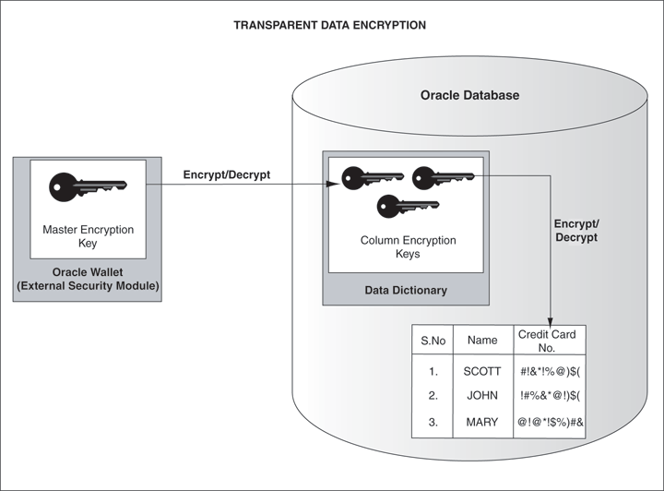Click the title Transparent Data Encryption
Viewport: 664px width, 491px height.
click(330, 25)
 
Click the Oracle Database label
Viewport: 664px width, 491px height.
click(469, 95)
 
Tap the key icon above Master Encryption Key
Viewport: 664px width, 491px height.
click(88, 186)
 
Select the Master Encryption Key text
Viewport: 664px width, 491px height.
click(89, 236)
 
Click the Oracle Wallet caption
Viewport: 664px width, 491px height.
click(88, 280)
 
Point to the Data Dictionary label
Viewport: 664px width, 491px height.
click(405, 290)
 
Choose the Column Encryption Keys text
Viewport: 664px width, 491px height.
click(407, 246)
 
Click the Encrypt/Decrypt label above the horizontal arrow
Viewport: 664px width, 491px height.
click(227, 174)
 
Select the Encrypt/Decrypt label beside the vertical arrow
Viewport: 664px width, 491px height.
click(575, 230)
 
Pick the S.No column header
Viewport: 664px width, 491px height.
click(433, 341)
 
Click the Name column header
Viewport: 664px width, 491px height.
click(482, 341)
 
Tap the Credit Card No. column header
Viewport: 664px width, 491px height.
click(547, 341)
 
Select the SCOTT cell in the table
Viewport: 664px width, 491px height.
click(482, 372)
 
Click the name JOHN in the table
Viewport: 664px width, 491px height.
click(482, 396)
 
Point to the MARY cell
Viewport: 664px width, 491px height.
click(482, 422)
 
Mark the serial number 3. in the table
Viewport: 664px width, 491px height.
click(433, 422)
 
